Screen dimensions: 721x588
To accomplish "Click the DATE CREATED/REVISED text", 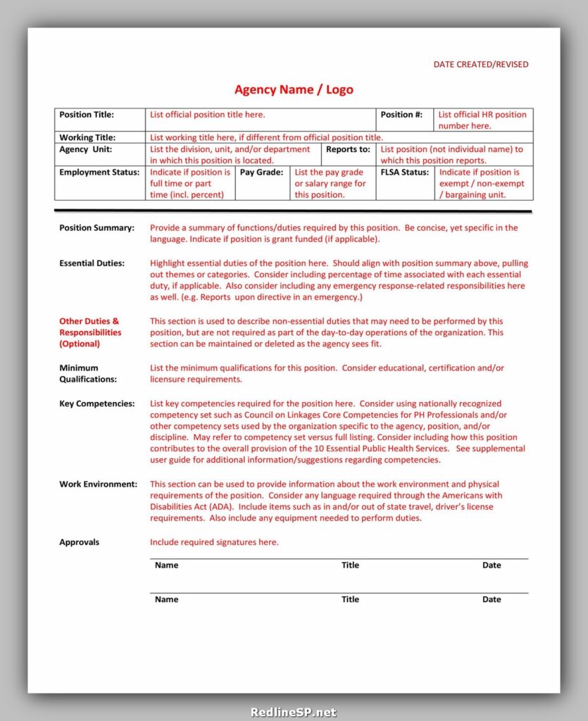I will pos(480,64).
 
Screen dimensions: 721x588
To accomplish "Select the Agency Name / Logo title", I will pos(294,89).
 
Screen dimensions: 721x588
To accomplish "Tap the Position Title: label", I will pos(87,115).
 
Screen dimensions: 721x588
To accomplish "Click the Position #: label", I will pos(401,115).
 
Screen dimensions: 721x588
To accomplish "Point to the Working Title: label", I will pos(87,138).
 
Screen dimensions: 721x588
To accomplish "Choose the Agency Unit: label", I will pos(85,149).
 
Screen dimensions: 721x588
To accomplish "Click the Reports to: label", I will pos(348,149).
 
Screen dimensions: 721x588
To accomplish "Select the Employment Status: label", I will pos(99,173).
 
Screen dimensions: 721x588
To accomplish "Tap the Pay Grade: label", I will pos(262,173).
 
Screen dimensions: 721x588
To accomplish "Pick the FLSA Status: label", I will pos(405,173).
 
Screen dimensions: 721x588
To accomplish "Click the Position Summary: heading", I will pos(96,228).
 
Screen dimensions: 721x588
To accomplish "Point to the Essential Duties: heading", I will pos(92,263).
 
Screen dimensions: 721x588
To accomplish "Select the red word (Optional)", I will pos(80,344).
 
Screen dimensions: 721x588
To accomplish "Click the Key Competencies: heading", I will pos(97,404).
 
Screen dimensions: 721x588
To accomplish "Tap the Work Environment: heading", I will pos(98,484).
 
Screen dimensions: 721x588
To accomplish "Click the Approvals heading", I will pos(79,542).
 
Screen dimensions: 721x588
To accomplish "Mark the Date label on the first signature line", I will pos(492,565).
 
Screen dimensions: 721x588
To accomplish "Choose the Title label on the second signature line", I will pos(350,600).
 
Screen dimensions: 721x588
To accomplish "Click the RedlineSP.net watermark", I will pos(294,712).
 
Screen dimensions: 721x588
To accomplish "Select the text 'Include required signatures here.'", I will pos(214,542).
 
